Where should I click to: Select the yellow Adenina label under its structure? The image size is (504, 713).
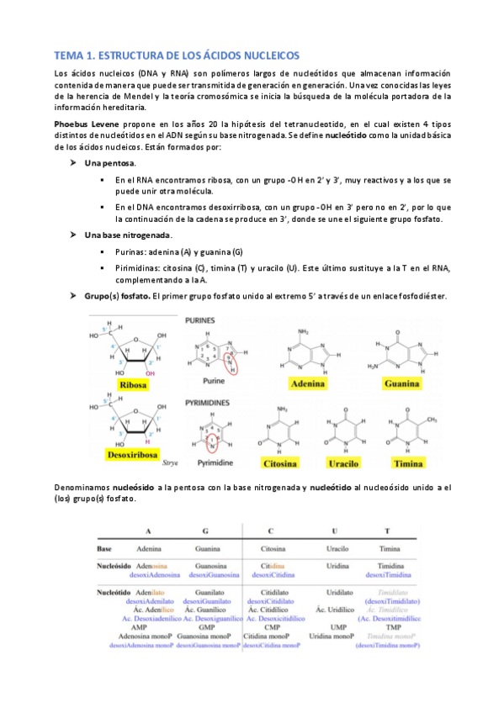308,385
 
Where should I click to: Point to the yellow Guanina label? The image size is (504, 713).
401,385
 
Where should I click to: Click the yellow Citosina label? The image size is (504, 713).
284,463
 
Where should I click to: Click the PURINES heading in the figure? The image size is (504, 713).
201,320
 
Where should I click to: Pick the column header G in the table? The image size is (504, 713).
205,531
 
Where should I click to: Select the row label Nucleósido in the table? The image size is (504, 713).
114,567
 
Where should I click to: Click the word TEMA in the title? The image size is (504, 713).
71,55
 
